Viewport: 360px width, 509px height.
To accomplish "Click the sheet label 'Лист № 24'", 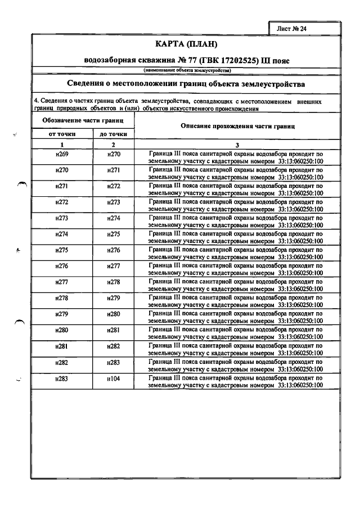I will click(291, 27).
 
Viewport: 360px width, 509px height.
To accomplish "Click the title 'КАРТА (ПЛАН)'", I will click(186, 44).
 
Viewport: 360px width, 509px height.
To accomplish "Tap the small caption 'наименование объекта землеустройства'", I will click(186, 70).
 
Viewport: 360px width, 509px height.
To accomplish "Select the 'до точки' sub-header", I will click(113, 134).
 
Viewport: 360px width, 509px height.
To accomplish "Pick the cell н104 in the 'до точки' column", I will click(113, 380).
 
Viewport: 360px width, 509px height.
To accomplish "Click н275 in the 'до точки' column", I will click(113, 234).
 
